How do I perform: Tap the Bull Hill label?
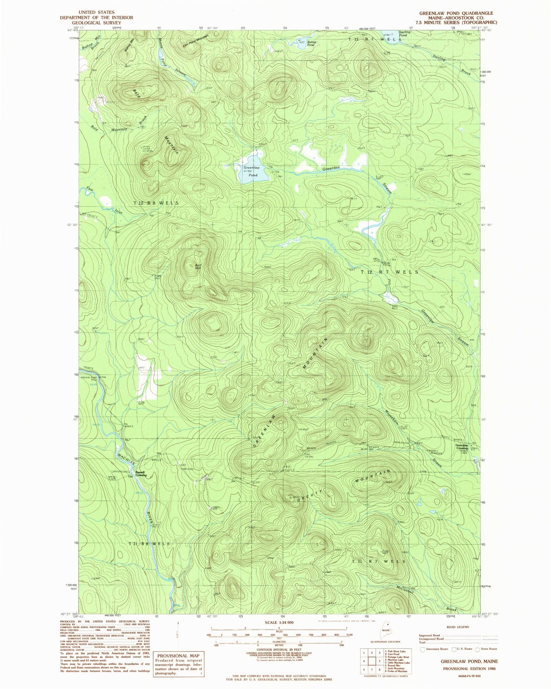(x=198, y=266)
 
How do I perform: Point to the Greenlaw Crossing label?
(x=462, y=447)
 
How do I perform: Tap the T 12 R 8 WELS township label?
(x=156, y=203)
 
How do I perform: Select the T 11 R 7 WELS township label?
(x=378, y=561)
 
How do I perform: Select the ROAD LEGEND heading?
(x=458, y=627)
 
